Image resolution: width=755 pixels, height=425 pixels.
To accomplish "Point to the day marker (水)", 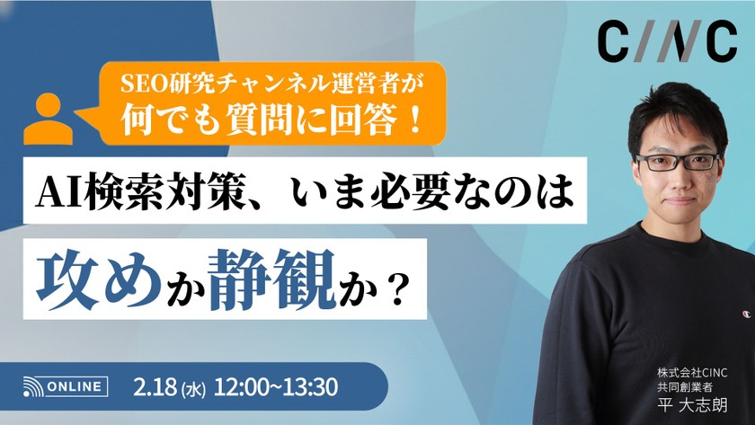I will [x=194, y=389].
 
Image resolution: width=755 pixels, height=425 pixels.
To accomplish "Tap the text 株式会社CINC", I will [x=692, y=372].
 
